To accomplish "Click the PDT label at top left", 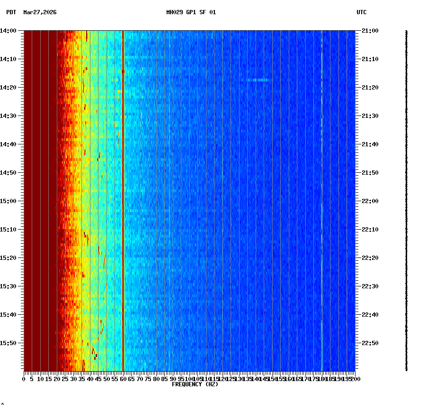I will pos(11,12).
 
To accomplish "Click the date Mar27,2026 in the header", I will pos(40,12).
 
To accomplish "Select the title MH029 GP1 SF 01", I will pos(191,12).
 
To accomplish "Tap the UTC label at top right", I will pos(361,12).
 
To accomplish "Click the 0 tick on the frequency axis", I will pos(24,379).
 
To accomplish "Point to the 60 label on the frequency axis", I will pos(123,379).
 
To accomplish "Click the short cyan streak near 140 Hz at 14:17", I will pos(258,80).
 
